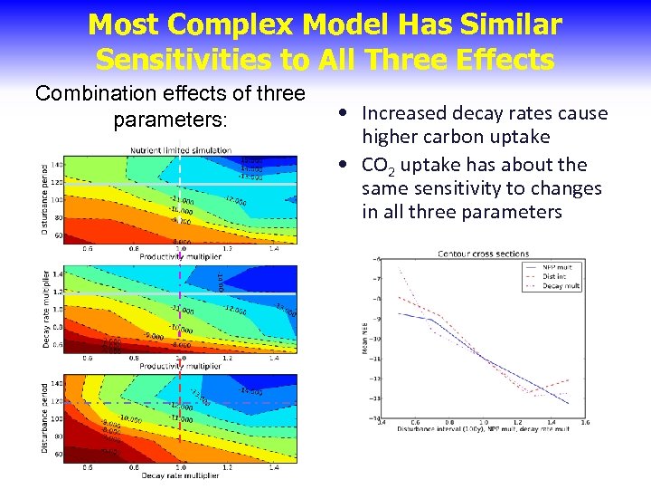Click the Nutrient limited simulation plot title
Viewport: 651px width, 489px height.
180,149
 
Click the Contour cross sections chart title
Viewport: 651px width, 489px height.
483,254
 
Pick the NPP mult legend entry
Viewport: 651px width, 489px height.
560,267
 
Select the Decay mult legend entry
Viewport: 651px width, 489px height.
561,285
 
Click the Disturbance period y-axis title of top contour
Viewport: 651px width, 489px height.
45,198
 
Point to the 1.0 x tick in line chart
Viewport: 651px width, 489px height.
483,422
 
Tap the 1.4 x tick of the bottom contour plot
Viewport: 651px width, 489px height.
273,468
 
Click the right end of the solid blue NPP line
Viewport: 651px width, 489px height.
569,402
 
